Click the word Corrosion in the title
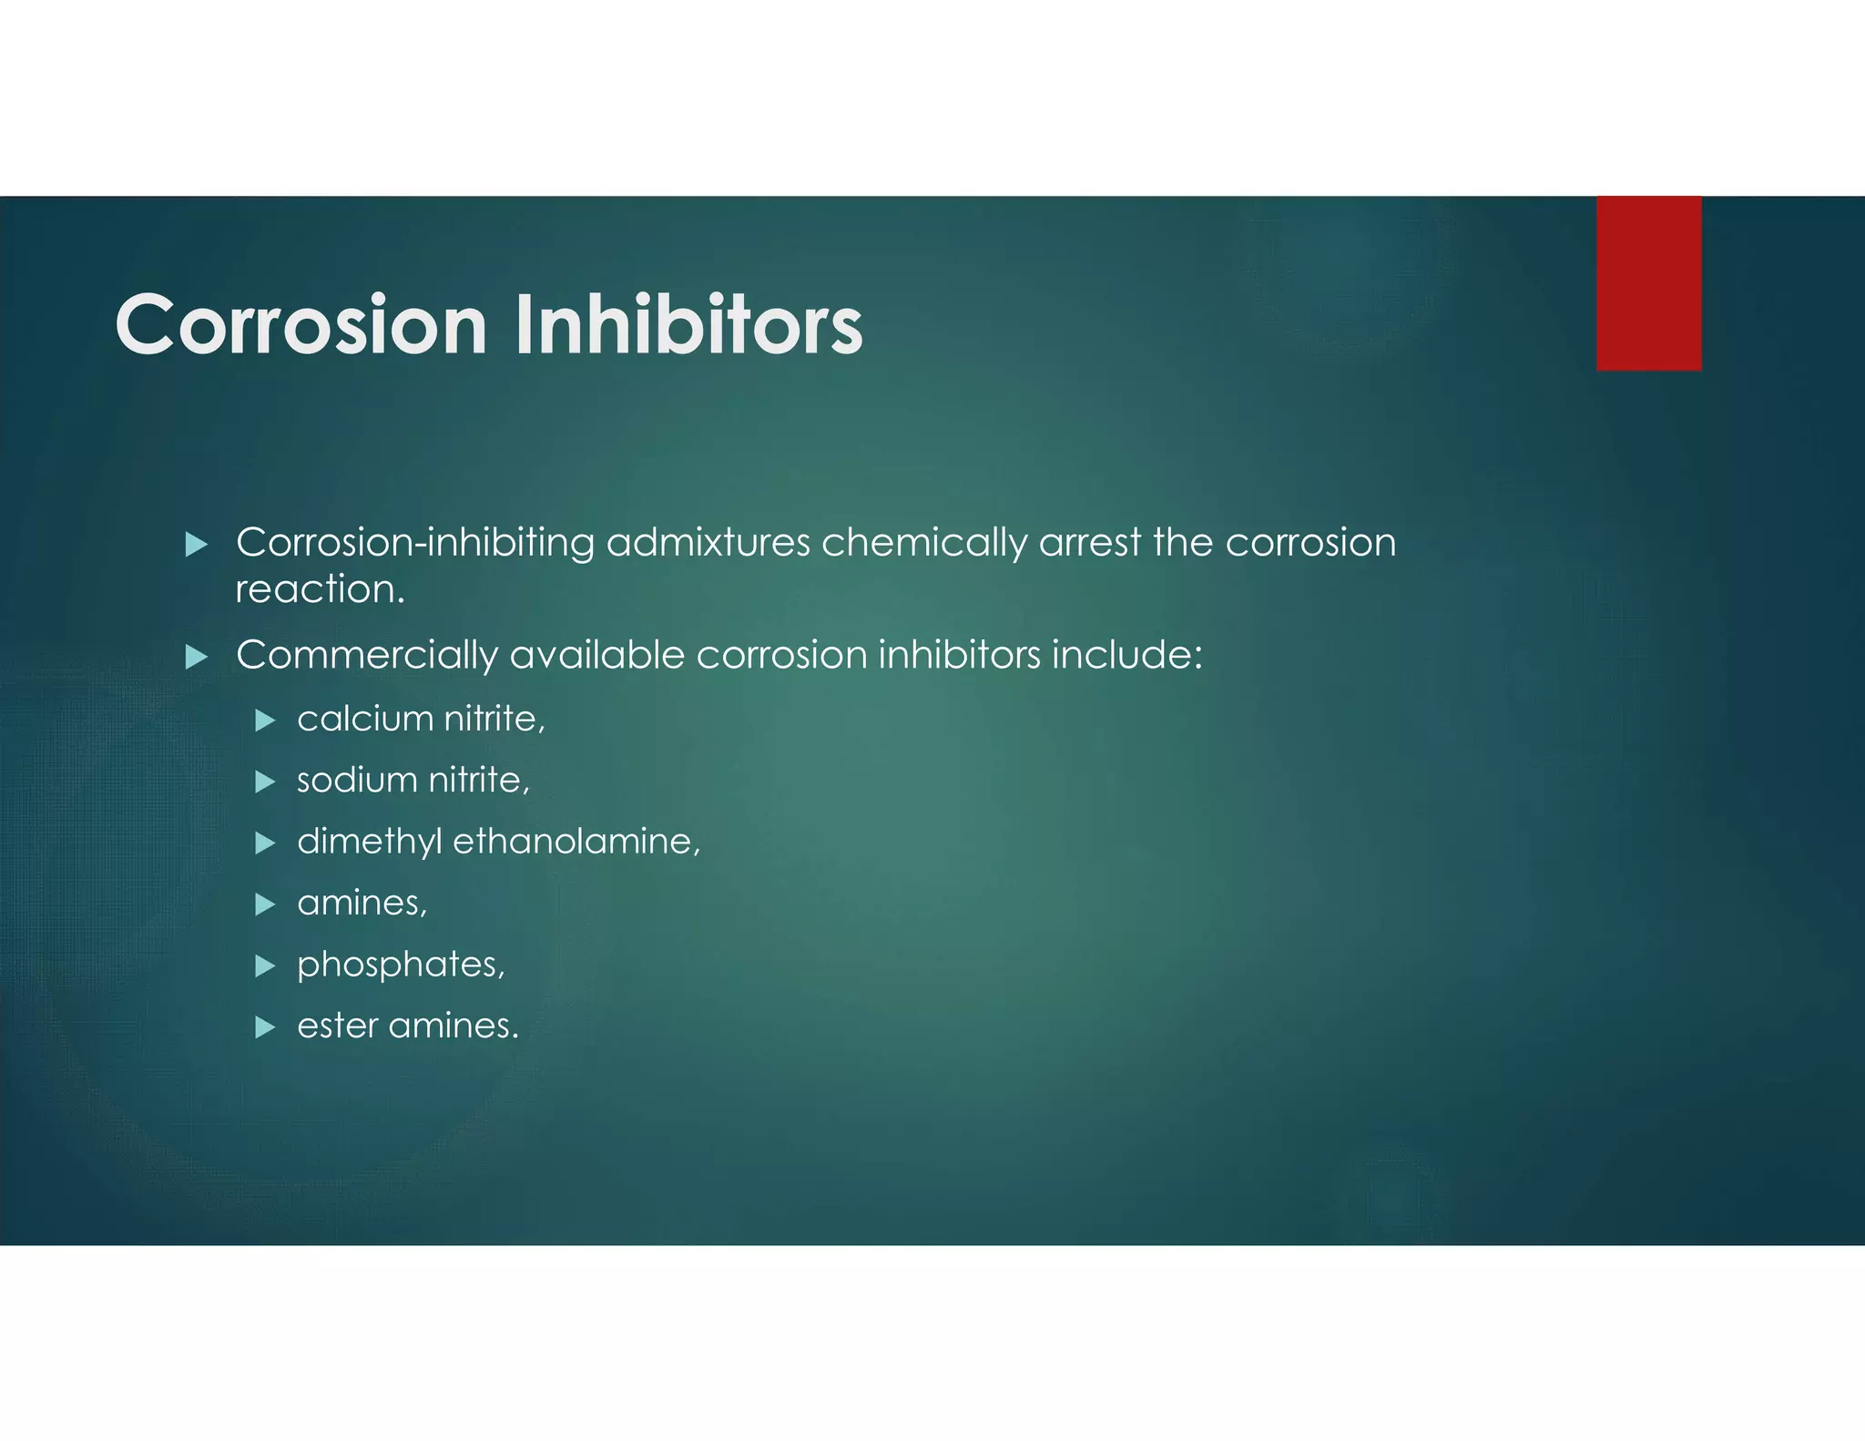coord(301,325)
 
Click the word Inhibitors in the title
coord(688,325)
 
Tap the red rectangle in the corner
coord(1648,283)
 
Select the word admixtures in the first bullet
coord(708,543)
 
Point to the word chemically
coord(923,544)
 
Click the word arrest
coord(1089,543)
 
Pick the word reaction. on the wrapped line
coord(320,589)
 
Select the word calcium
coord(364,719)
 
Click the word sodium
coord(357,781)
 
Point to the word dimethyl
coord(369,842)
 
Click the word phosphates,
coord(401,965)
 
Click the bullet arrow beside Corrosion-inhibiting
coord(197,546)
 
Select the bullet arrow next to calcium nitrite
coord(265,721)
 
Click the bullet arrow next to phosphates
coord(265,966)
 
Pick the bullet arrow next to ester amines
coord(265,1028)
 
